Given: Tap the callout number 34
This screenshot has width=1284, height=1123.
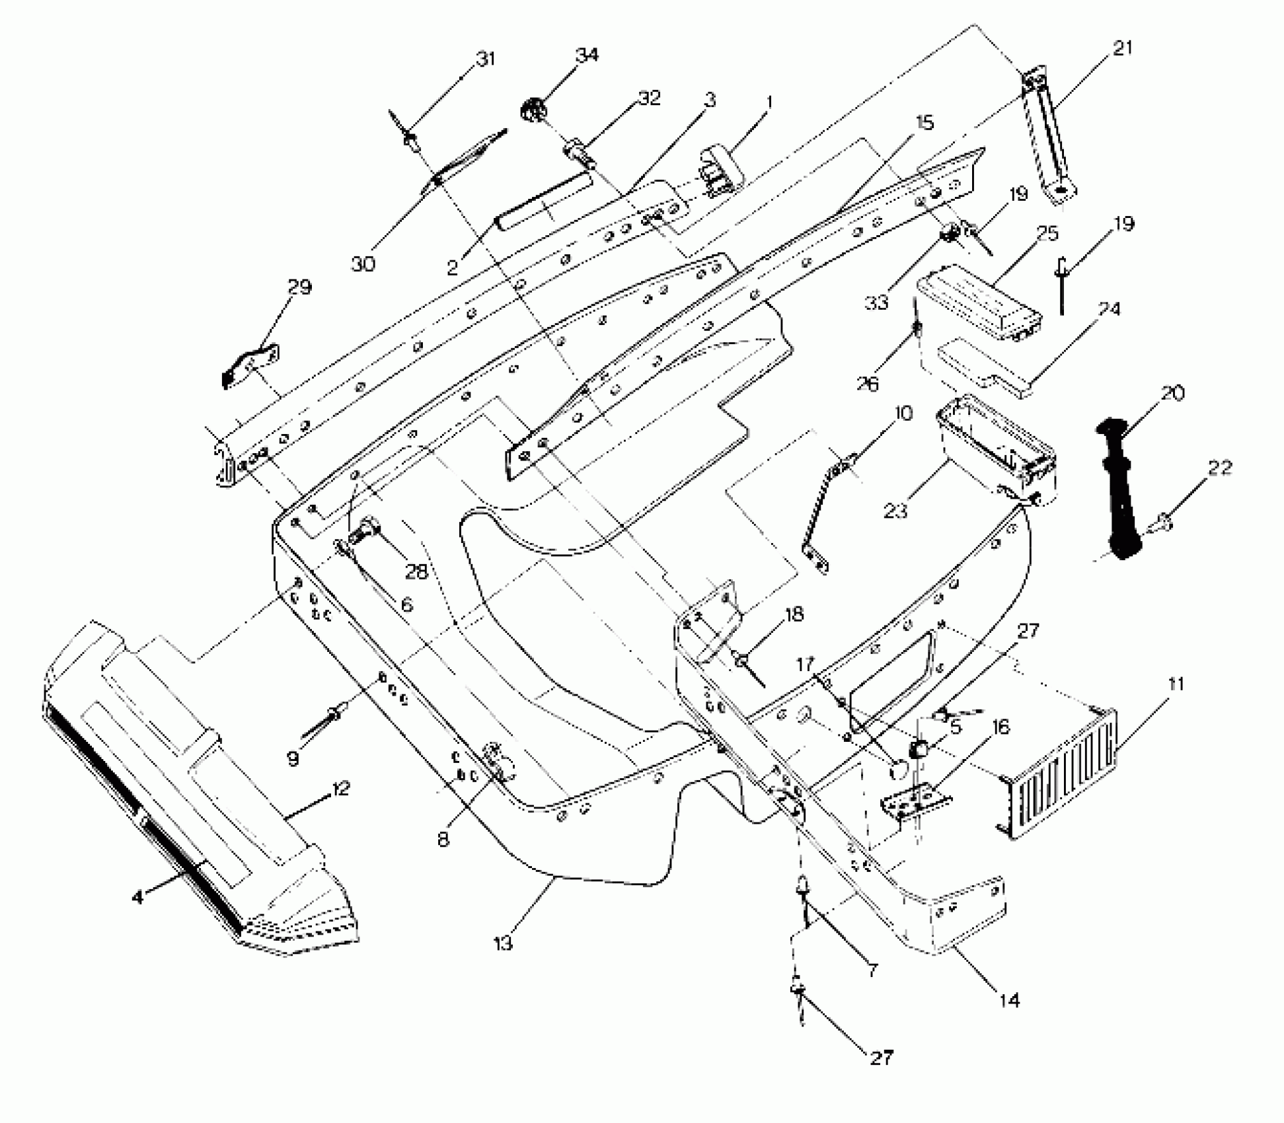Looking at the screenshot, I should (x=587, y=55).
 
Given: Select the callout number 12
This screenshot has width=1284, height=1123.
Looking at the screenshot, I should (x=341, y=789).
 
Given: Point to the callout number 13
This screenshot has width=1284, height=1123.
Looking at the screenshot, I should (x=503, y=943).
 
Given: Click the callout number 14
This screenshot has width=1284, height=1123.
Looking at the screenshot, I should (x=1008, y=1000).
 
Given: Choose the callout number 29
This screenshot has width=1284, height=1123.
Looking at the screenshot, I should (x=299, y=287).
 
